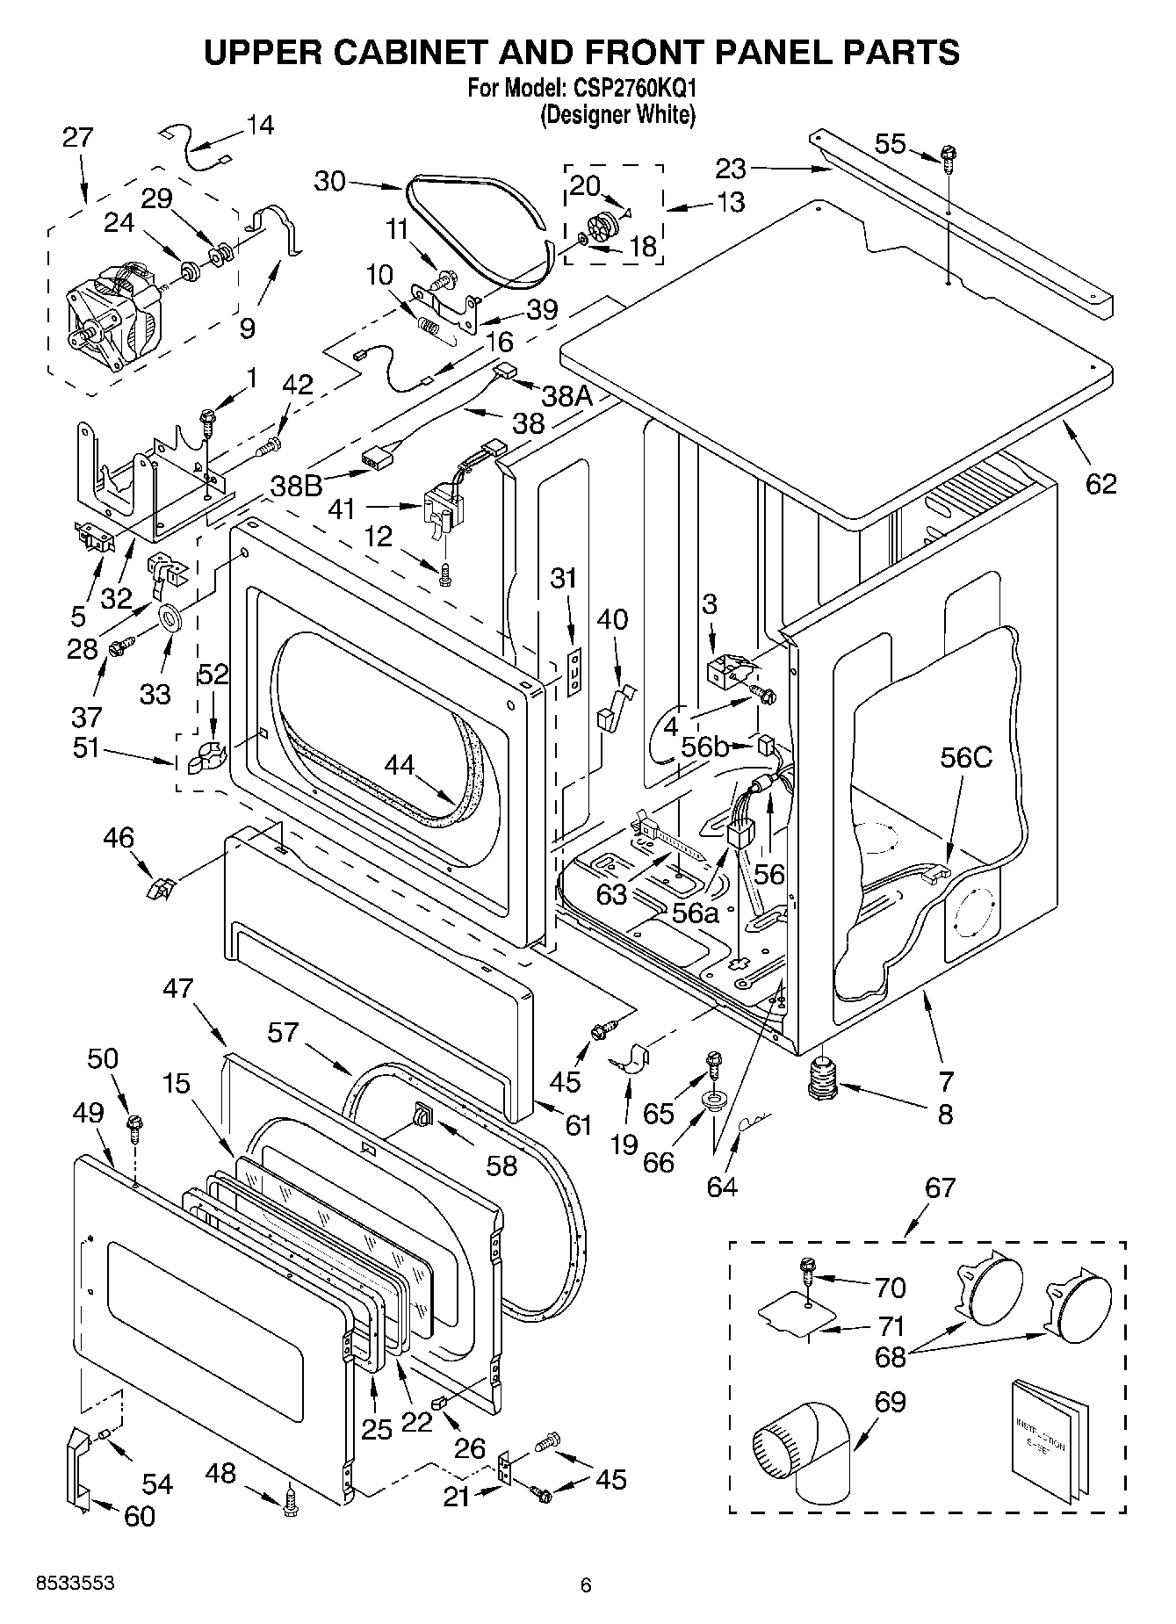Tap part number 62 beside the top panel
pyautogui.click(x=1100, y=483)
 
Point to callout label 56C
pyautogui.click(x=965, y=757)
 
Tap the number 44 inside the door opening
pyautogui.click(x=400, y=765)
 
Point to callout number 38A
pyautogui.click(x=566, y=396)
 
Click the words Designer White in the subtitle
pyautogui.click(x=617, y=115)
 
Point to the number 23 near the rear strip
pyautogui.click(x=730, y=168)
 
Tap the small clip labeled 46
pyautogui.click(x=159, y=891)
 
